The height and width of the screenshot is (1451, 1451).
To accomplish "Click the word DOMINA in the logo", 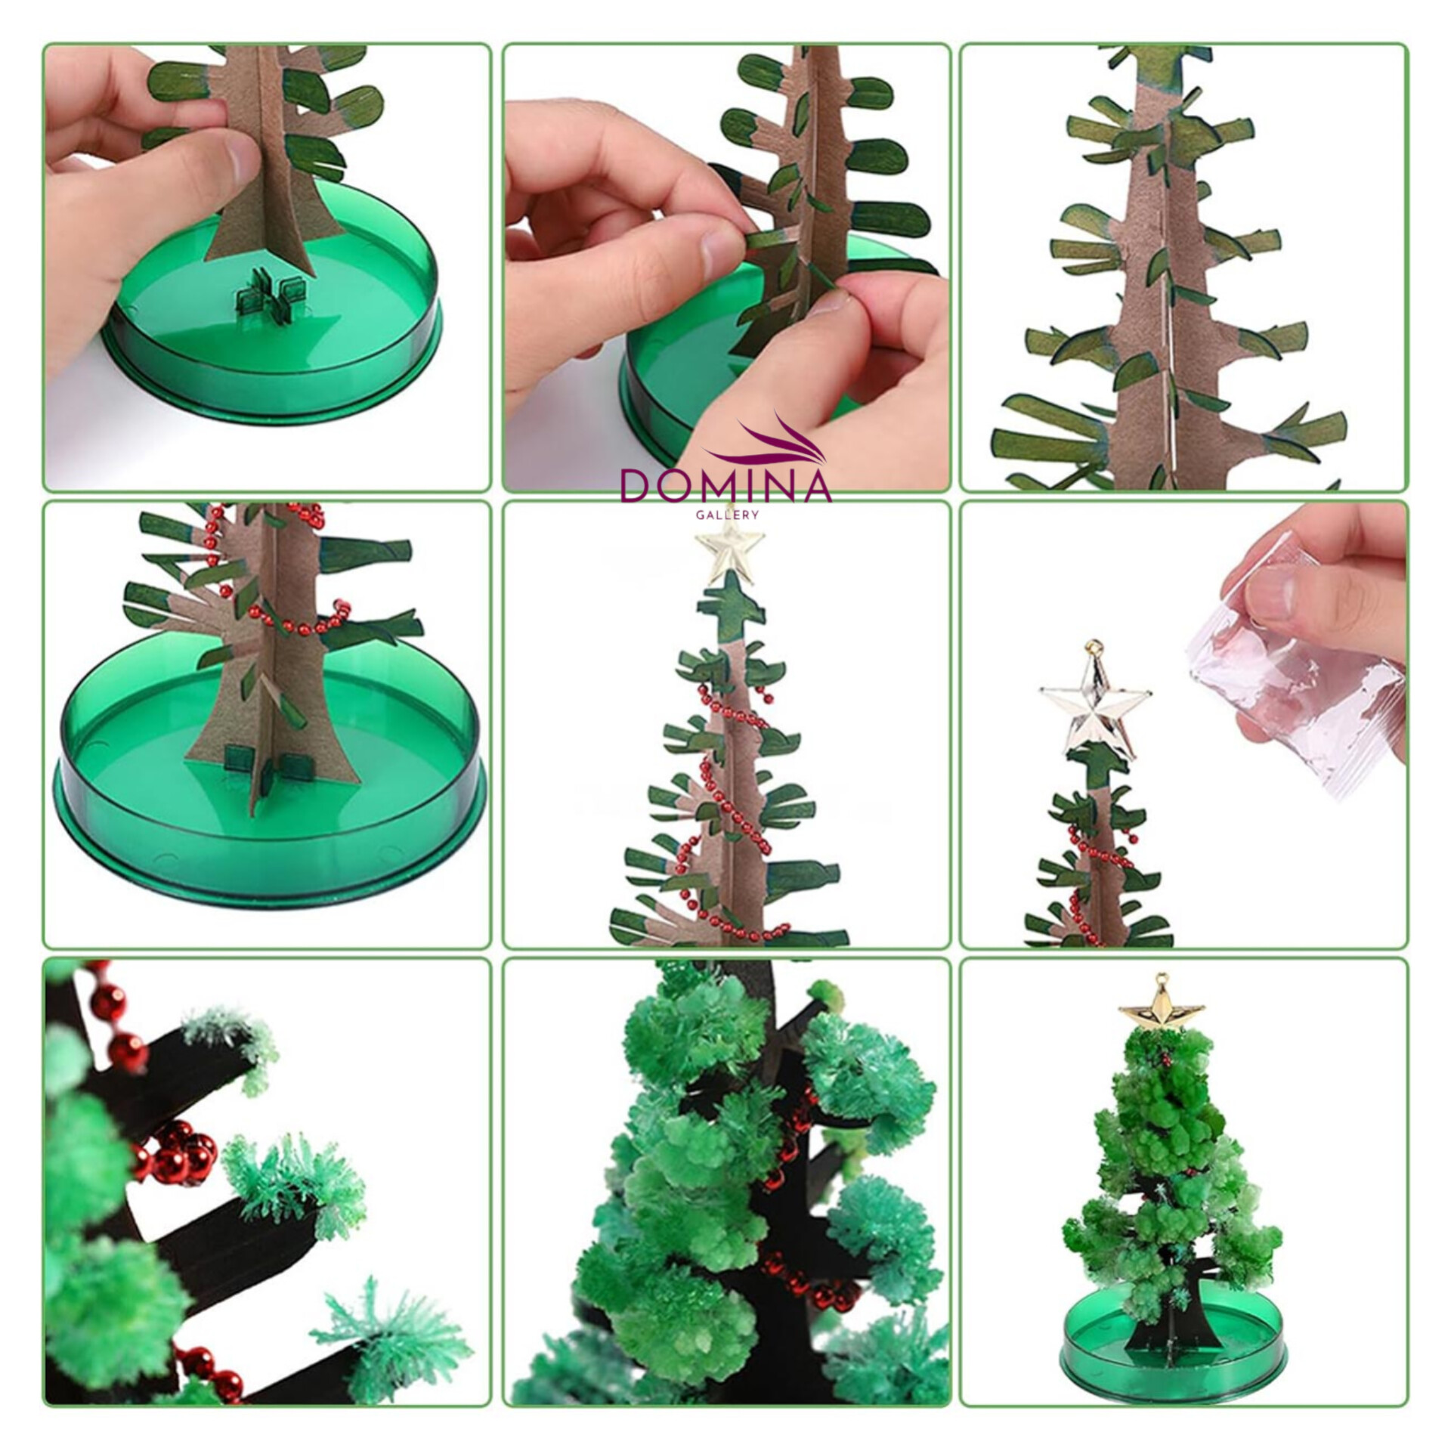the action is click(x=725, y=485).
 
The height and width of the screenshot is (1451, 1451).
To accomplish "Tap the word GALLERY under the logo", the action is click(x=725, y=515).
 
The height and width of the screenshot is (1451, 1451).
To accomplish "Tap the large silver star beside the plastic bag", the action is click(x=1094, y=710).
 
